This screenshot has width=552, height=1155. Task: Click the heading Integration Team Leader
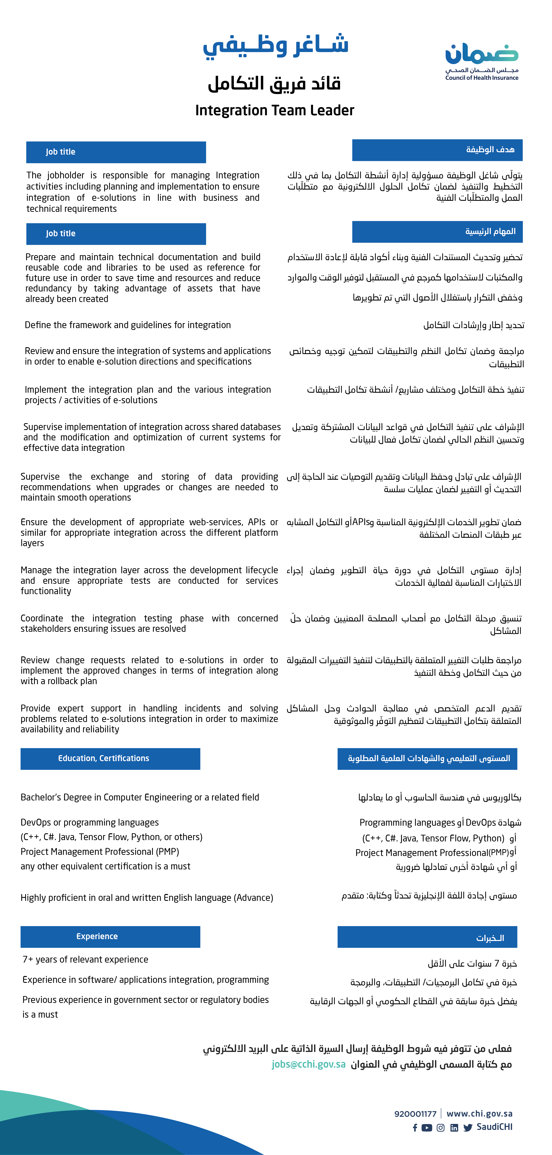click(x=274, y=110)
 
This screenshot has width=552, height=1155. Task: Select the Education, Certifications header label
click(x=104, y=758)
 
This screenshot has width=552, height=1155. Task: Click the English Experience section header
click(x=97, y=936)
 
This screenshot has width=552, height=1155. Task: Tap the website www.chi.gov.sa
click(x=479, y=1114)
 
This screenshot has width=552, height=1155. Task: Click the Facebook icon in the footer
click(x=415, y=1128)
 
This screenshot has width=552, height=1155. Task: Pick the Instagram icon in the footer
click(x=441, y=1128)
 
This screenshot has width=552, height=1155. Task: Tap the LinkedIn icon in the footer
click(x=454, y=1128)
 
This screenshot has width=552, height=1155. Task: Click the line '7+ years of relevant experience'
click(x=85, y=960)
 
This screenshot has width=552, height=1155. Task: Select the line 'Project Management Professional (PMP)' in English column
click(x=100, y=852)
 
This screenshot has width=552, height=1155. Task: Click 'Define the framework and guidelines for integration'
click(x=128, y=325)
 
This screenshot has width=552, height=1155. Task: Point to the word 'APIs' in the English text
click(x=256, y=522)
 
